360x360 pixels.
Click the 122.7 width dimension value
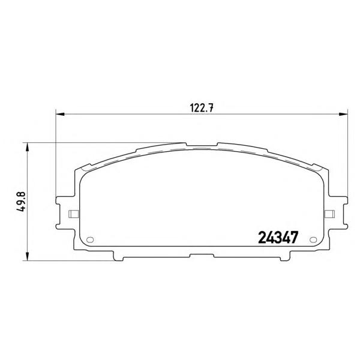pos(202,108)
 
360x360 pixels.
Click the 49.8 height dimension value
pos(22,202)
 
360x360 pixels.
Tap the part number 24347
pos(278,237)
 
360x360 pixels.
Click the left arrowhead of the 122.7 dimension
pos(60,114)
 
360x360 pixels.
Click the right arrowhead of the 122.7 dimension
pos(343,114)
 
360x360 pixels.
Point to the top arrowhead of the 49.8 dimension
pos(28,147)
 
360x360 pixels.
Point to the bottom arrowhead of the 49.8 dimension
pos(28,256)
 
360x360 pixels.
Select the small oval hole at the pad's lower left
pos(90,239)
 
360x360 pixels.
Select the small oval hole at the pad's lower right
pos(313,239)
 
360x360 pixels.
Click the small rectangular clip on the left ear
pos(74,214)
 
